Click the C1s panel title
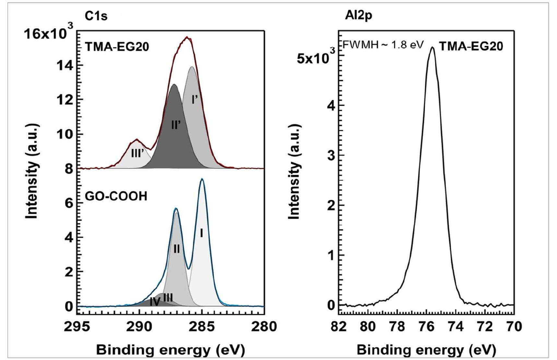(x=96, y=16)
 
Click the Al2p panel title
(x=359, y=15)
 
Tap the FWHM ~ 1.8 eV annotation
(x=383, y=45)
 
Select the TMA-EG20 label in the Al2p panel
(x=471, y=46)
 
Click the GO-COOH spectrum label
(x=116, y=196)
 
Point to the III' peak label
(x=137, y=153)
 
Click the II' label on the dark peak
(x=176, y=125)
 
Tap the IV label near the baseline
(x=155, y=302)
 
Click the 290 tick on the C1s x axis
(x=139, y=326)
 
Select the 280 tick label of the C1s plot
(x=264, y=326)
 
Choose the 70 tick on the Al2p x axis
(x=514, y=326)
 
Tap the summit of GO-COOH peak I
(x=202, y=179)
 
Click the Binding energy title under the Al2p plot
(x=426, y=350)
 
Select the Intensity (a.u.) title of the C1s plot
(x=32, y=171)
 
